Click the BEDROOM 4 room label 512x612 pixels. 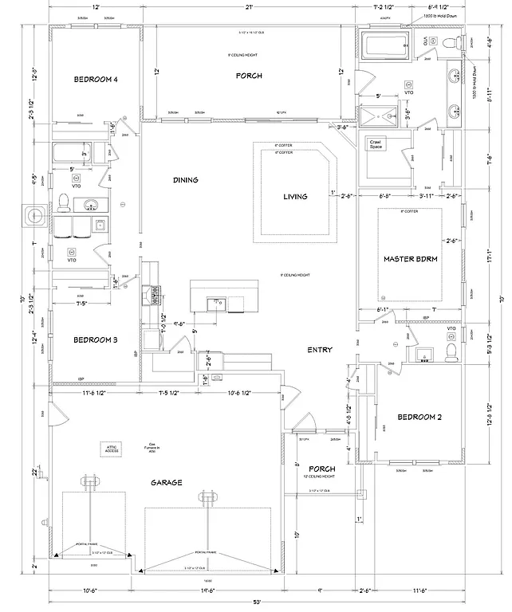click(x=96, y=79)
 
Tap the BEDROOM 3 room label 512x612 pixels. click(x=96, y=340)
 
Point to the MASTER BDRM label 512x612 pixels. click(x=410, y=259)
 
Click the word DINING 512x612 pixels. click(x=185, y=180)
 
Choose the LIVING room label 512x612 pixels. click(x=295, y=196)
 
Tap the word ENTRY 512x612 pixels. click(x=320, y=350)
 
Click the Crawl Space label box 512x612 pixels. click(x=376, y=144)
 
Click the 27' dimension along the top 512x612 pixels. click(x=249, y=6)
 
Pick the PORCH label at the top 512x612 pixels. click(x=248, y=76)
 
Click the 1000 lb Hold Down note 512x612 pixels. click(x=439, y=15)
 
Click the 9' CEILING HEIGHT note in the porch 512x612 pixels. click(x=248, y=55)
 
